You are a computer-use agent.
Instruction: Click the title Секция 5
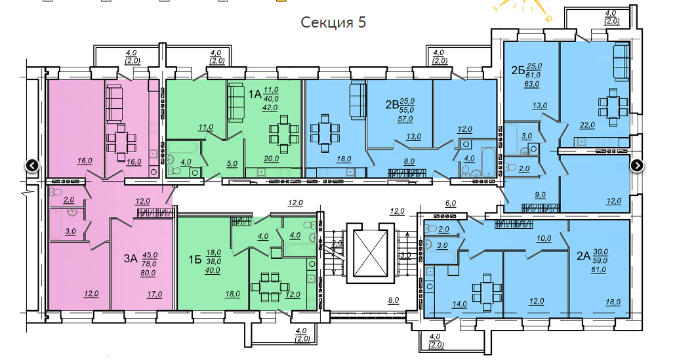point(333,22)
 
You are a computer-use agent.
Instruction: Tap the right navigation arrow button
point(637,165)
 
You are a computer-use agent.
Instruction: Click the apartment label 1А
point(255,94)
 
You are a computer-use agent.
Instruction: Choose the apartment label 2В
point(392,104)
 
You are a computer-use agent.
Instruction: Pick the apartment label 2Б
point(518,70)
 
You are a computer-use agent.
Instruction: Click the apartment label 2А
point(583,255)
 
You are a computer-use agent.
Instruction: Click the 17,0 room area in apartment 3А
point(154,294)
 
